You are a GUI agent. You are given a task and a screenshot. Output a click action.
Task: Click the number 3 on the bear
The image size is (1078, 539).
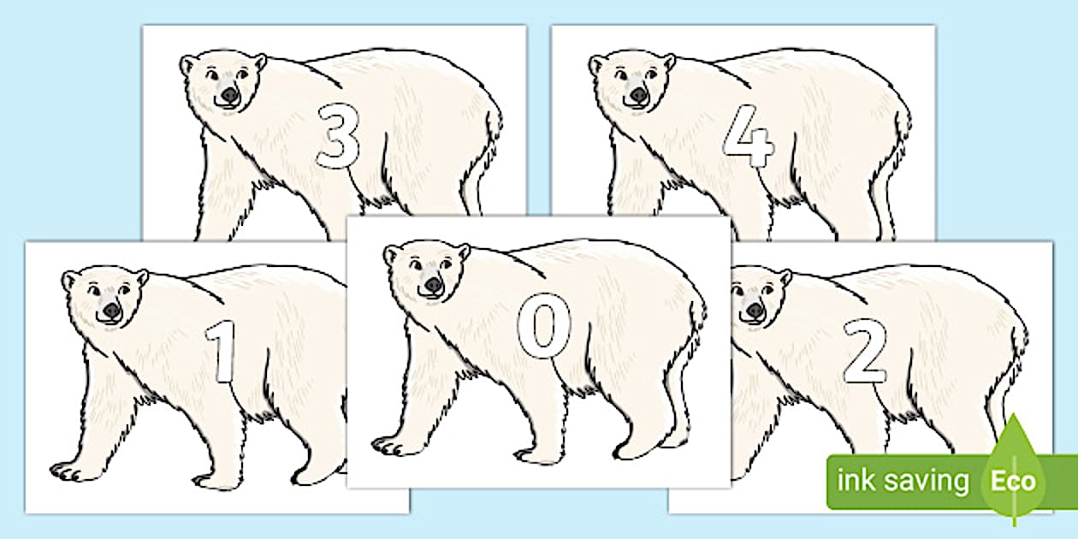338,137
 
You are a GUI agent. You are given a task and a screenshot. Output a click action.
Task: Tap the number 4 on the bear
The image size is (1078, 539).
749,136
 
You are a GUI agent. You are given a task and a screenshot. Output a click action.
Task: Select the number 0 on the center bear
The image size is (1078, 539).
544,326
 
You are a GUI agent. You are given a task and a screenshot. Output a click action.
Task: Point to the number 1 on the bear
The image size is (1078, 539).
222,351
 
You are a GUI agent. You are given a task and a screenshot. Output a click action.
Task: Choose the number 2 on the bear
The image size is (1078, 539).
864,351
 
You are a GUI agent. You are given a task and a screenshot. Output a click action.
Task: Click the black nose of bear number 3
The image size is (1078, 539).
229,95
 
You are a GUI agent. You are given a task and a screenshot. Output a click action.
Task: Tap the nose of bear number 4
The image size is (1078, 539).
638,95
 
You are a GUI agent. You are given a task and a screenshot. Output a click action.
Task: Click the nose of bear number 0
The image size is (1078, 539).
433,285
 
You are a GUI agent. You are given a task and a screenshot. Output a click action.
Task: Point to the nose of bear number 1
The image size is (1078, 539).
111,311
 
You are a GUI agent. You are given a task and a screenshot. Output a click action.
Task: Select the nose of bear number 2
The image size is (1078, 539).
755,311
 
